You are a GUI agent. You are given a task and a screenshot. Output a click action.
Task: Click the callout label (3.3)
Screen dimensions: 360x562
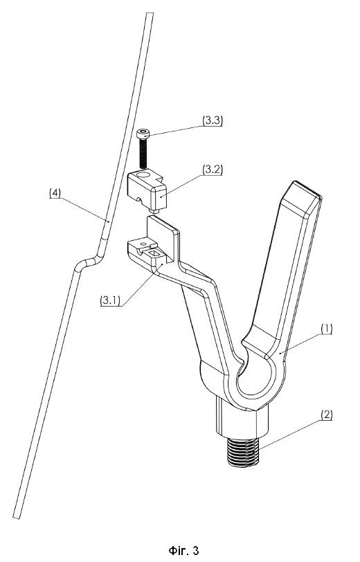tap(213, 121)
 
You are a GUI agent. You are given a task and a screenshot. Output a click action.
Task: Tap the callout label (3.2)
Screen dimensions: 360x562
tap(213, 170)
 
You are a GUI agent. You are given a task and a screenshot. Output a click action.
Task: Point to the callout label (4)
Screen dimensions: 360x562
tap(55, 192)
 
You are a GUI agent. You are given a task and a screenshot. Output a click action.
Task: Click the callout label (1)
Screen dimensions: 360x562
tap(326, 329)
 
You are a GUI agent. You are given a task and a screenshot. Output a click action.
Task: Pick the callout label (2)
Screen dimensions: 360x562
tap(326, 415)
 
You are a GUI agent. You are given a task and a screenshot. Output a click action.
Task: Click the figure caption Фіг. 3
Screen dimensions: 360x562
tap(183, 550)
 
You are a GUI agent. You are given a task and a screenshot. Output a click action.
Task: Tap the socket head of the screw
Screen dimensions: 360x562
tap(143, 134)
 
